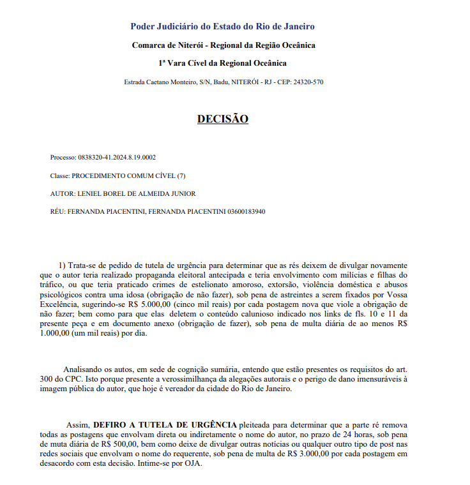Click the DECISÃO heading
click(222, 119)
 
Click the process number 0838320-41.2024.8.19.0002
click(117, 157)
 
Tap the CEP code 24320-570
click(308, 82)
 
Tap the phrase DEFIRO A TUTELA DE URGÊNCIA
click(165, 425)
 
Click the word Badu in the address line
click(221, 82)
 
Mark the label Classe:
click(60, 175)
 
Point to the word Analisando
click(86, 369)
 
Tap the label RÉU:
click(57, 211)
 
